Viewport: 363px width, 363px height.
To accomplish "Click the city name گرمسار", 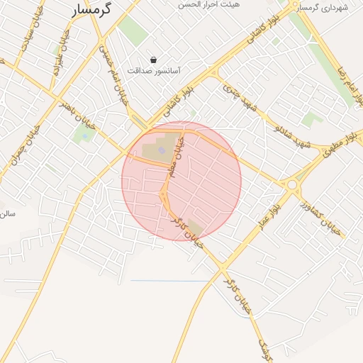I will [97, 11].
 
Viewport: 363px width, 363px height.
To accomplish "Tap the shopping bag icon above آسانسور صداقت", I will [154, 60].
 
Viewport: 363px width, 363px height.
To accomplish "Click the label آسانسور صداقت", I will [154, 71].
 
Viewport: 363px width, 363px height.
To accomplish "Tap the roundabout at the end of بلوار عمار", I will [292, 185].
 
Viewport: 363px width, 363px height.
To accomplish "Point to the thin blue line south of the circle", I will [170, 281].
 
